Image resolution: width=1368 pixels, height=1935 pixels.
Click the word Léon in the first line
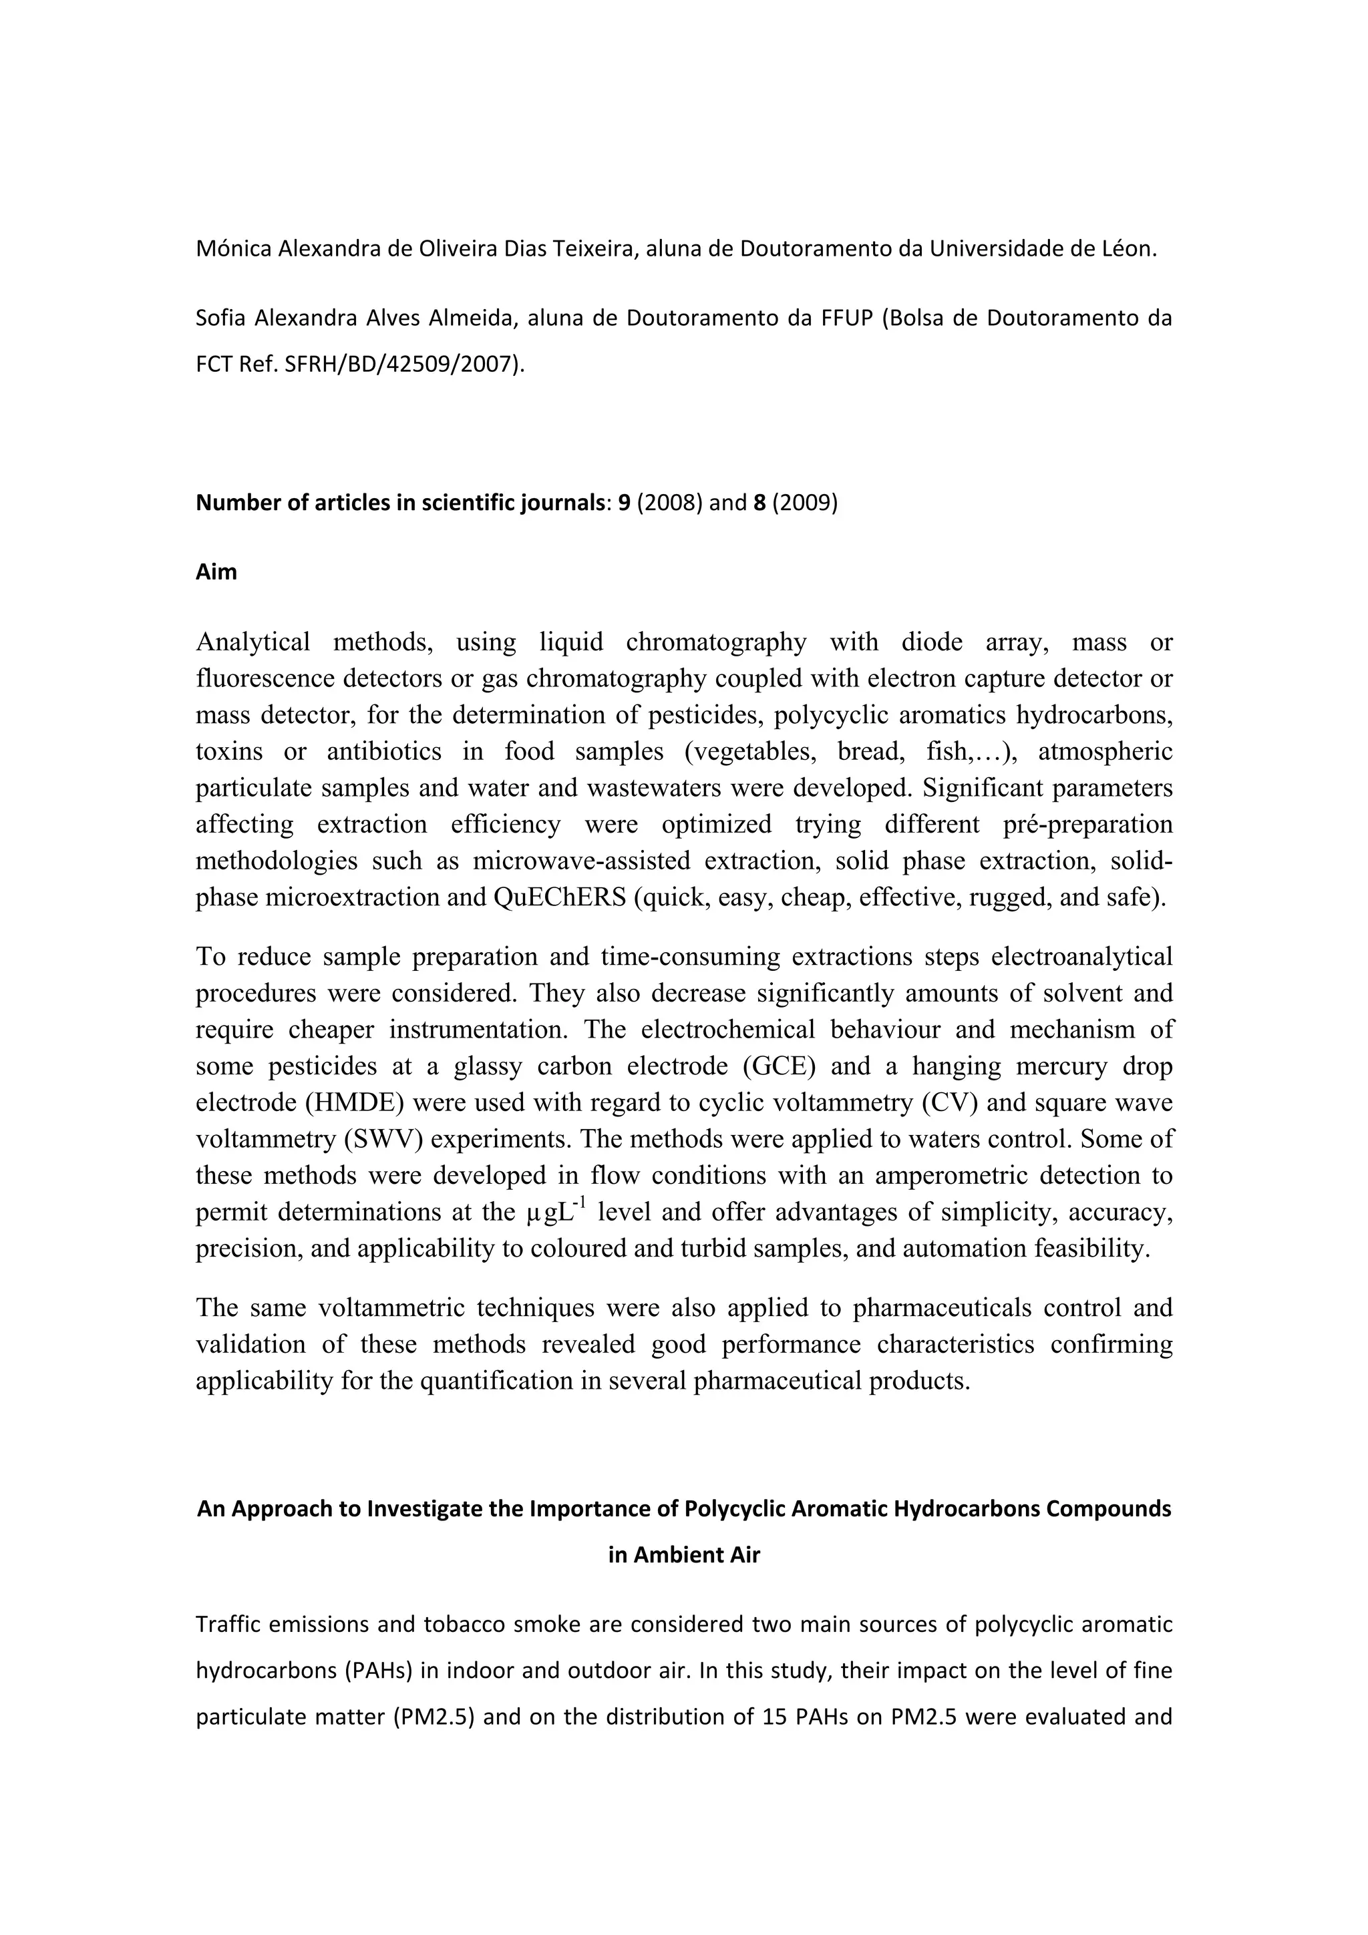point(1129,248)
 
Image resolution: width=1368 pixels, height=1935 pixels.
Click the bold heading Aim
point(216,572)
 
